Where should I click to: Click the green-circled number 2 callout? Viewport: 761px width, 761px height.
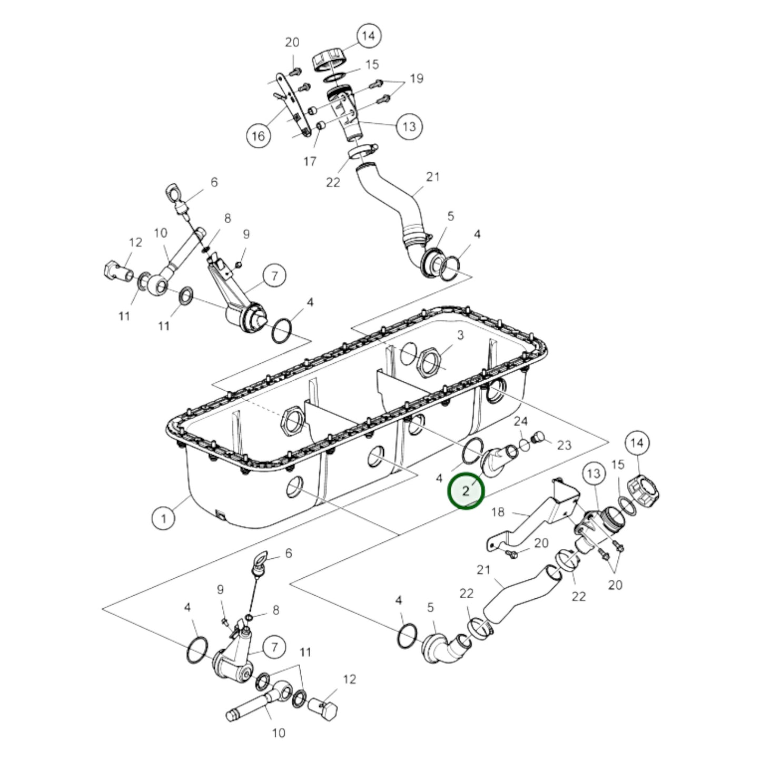tap(466, 491)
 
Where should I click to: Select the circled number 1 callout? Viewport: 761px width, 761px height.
tap(164, 517)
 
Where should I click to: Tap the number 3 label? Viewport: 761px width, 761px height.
tap(460, 335)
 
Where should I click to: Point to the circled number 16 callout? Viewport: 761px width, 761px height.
tap(258, 136)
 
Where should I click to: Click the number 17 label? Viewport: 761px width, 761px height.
tap(310, 161)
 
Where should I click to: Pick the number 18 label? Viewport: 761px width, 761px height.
tap(498, 512)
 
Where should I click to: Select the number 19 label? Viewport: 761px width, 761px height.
tap(416, 78)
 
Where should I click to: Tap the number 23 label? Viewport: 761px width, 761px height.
tap(564, 445)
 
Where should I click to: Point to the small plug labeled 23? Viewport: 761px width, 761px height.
tap(538, 438)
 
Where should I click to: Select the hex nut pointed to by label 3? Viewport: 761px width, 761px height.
tap(430, 362)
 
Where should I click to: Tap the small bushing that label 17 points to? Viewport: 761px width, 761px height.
tap(321, 126)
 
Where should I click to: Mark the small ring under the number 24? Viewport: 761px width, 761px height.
tap(524, 445)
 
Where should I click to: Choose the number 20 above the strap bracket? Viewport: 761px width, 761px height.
tap(292, 42)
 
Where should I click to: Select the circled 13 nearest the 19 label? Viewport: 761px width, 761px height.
tap(409, 126)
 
